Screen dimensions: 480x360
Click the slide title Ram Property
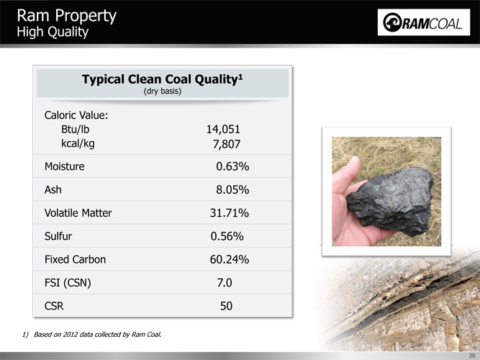click(x=67, y=15)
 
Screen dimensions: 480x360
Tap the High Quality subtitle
click(x=53, y=32)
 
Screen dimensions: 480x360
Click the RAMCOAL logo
click(x=424, y=22)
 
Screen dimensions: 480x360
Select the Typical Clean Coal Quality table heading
click(x=162, y=79)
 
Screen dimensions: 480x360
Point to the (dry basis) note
click(x=162, y=91)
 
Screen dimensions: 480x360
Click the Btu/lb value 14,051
click(x=223, y=130)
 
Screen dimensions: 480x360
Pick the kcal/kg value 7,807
click(x=227, y=144)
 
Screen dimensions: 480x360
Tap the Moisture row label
click(x=64, y=166)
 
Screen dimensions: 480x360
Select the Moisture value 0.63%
click(x=232, y=166)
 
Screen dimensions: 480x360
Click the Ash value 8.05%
click(x=232, y=189)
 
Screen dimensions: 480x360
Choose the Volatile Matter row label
click(x=78, y=213)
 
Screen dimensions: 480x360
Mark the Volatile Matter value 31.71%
click(x=230, y=213)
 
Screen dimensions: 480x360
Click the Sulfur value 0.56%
click(x=227, y=236)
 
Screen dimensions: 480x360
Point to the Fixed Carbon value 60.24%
click(x=230, y=259)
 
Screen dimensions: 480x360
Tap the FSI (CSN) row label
click(x=68, y=283)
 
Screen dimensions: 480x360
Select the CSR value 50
click(x=226, y=306)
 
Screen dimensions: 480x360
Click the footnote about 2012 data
click(x=91, y=334)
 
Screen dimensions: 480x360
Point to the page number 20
click(x=472, y=356)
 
